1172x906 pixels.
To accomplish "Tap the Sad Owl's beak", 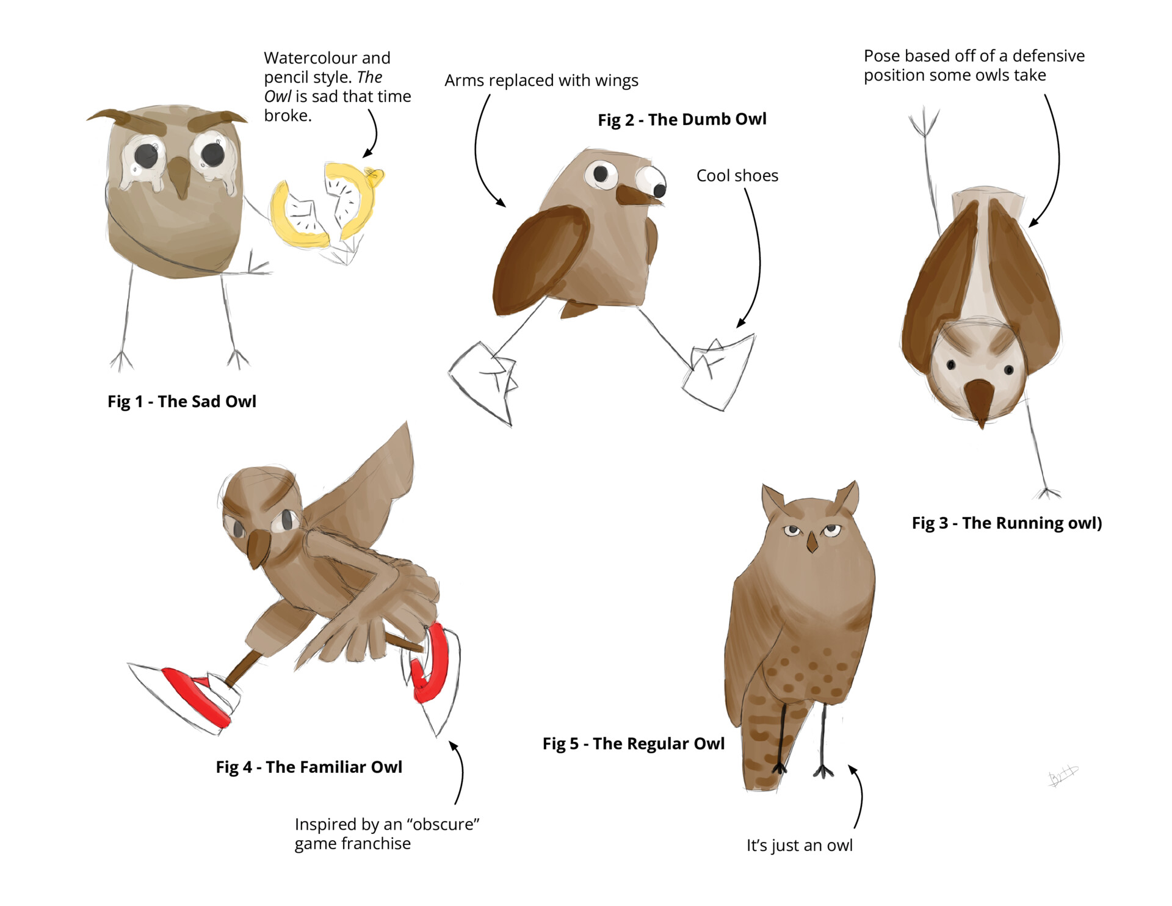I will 180,177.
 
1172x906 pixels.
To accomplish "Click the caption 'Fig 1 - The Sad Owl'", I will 182,402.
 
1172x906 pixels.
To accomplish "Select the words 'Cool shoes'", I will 737,176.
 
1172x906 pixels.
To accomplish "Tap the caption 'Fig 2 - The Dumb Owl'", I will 682,120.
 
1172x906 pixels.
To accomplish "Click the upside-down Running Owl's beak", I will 978,400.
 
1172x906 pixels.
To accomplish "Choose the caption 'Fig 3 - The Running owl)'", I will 1007,523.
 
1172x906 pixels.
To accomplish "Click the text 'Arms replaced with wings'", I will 541,81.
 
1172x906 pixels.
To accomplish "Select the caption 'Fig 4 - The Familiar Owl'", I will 309,767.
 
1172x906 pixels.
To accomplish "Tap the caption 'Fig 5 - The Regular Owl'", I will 633,744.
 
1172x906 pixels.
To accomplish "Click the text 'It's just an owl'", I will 799,846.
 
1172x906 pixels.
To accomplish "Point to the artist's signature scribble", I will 1063,776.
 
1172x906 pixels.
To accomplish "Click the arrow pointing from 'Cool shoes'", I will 758,256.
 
